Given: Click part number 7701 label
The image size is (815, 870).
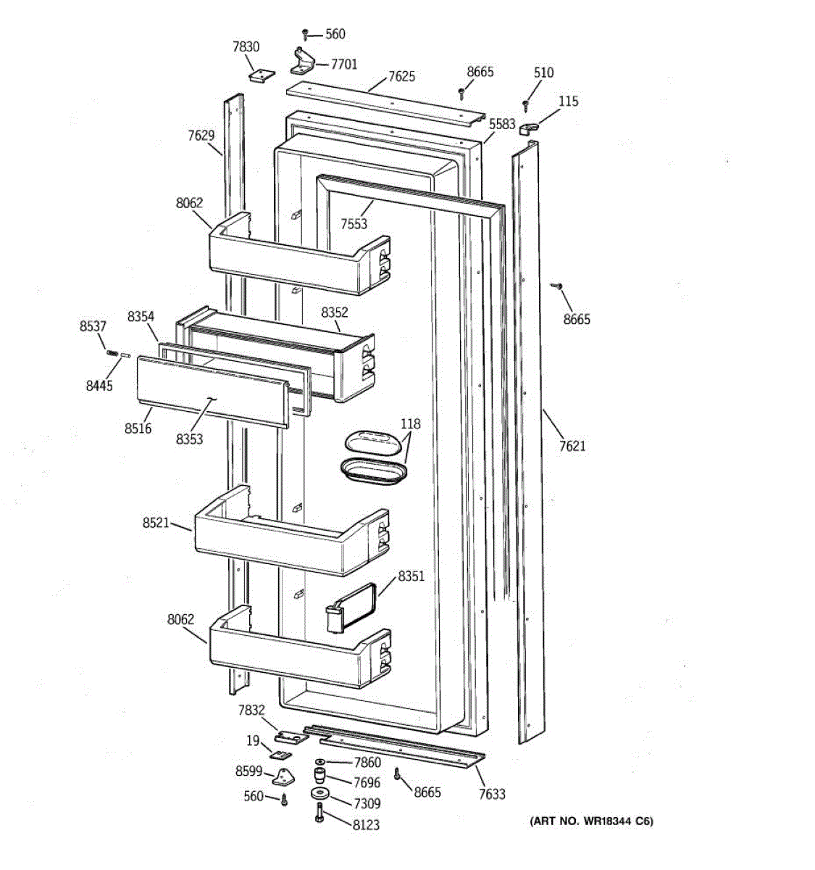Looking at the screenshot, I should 344,65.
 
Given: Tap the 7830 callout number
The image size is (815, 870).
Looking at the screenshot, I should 246,47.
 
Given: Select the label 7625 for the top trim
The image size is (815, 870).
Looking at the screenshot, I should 401,76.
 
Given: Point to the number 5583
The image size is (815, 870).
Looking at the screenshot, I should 502,125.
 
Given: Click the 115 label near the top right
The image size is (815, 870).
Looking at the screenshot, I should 569,101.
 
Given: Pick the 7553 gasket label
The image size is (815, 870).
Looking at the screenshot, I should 354,224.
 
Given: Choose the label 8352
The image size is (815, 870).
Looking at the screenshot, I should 335,312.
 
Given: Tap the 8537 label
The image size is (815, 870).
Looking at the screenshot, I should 93,327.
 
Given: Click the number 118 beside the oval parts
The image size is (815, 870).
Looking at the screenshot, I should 410,423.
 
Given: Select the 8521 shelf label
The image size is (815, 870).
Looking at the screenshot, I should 156,522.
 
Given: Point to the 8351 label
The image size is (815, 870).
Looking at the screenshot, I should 411,577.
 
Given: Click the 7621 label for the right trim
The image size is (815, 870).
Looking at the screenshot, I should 572,446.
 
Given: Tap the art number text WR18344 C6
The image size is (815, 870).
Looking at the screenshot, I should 591,821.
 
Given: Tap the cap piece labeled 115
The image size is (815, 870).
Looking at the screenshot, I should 527,127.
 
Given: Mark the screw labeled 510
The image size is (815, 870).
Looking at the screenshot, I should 526,107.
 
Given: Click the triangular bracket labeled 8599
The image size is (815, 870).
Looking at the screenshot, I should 284,779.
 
